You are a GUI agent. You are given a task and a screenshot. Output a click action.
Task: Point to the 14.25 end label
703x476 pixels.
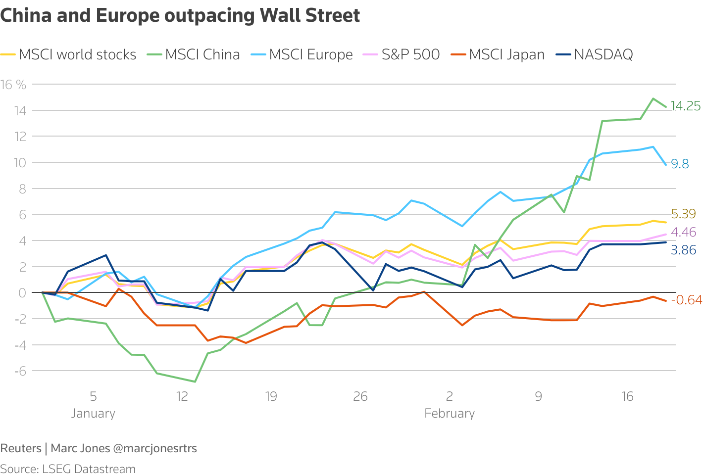(x=686, y=106)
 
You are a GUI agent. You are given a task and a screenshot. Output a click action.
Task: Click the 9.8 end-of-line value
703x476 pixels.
(x=680, y=164)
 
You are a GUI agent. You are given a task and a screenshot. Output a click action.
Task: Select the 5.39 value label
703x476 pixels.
(x=683, y=214)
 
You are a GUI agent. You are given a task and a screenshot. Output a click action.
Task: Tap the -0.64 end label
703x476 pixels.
(x=686, y=300)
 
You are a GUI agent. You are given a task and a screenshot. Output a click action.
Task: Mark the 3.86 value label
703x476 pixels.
(x=683, y=250)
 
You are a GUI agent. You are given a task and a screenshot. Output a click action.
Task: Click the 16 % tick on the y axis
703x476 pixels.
(x=14, y=85)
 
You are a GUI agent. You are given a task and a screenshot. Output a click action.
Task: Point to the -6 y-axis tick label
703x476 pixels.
(x=20, y=371)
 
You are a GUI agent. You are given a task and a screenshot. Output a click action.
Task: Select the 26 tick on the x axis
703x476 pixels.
(x=360, y=396)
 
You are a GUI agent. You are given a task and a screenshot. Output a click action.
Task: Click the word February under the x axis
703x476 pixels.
(x=450, y=414)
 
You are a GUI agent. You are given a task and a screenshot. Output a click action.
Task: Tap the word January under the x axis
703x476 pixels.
(x=93, y=414)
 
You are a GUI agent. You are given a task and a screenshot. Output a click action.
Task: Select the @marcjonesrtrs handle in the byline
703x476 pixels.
(x=155, y=448)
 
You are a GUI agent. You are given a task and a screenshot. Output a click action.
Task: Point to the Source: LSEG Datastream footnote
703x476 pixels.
(x=68, y=469)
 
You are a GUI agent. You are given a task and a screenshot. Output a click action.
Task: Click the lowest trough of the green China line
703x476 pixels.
(x=195, y=381)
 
